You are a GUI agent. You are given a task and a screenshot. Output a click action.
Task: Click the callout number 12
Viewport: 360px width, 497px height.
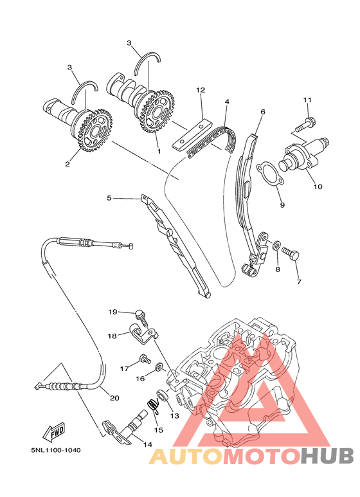(x=200, y=90)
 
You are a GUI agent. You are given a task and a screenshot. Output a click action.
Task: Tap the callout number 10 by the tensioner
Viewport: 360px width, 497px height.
(x=318, y=187)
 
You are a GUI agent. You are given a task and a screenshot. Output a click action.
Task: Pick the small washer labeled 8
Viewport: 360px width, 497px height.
(x=276, y=246)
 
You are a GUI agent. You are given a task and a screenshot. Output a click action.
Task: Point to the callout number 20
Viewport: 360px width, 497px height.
(x=114, y=397)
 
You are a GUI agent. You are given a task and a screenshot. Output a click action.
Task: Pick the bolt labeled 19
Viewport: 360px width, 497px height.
(x=142, y=314)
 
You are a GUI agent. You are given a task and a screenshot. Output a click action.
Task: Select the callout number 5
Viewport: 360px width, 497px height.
(x=109, y=199)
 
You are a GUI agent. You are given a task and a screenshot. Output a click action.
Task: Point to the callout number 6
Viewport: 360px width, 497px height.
(x=262, y=111)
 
